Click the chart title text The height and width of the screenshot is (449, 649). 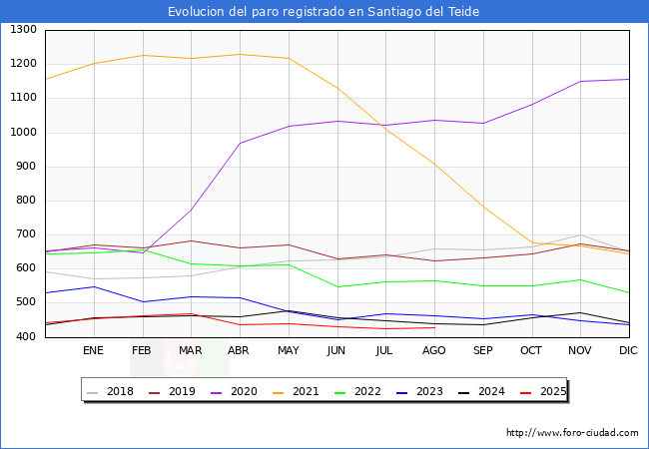(x=324, y=12)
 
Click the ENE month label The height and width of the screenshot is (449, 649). (x=93, y=351)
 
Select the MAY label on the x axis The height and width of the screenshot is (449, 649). (x=288, y=351)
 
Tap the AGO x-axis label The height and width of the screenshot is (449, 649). (x=434, y=351)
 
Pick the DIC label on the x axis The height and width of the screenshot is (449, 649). (x=628, y=351)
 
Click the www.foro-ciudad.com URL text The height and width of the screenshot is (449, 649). (x=572, y=433)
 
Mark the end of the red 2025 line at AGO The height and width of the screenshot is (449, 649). (x=434, y=327)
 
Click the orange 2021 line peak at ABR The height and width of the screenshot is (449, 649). (x=240, y=54)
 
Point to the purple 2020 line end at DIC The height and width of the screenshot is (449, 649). (x=629, y=80)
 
